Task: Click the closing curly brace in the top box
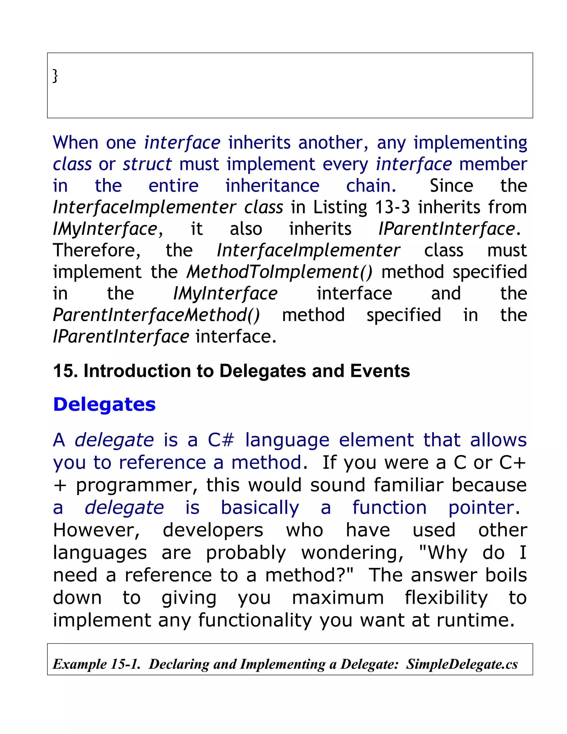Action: [x=55, y=76]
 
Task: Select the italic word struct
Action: [x=147, y=164]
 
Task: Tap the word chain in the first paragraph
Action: [x=370, y=186]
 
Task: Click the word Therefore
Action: [x=97, y=250]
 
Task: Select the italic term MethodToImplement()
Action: [x=279, y=272]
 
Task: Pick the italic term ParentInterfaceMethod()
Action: [x=156, y=315]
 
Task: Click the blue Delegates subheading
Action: [x=104, y=404]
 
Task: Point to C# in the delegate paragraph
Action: [x=221, y=440]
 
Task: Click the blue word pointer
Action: [x=481, y=507]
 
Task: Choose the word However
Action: [x=96, y=530]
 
